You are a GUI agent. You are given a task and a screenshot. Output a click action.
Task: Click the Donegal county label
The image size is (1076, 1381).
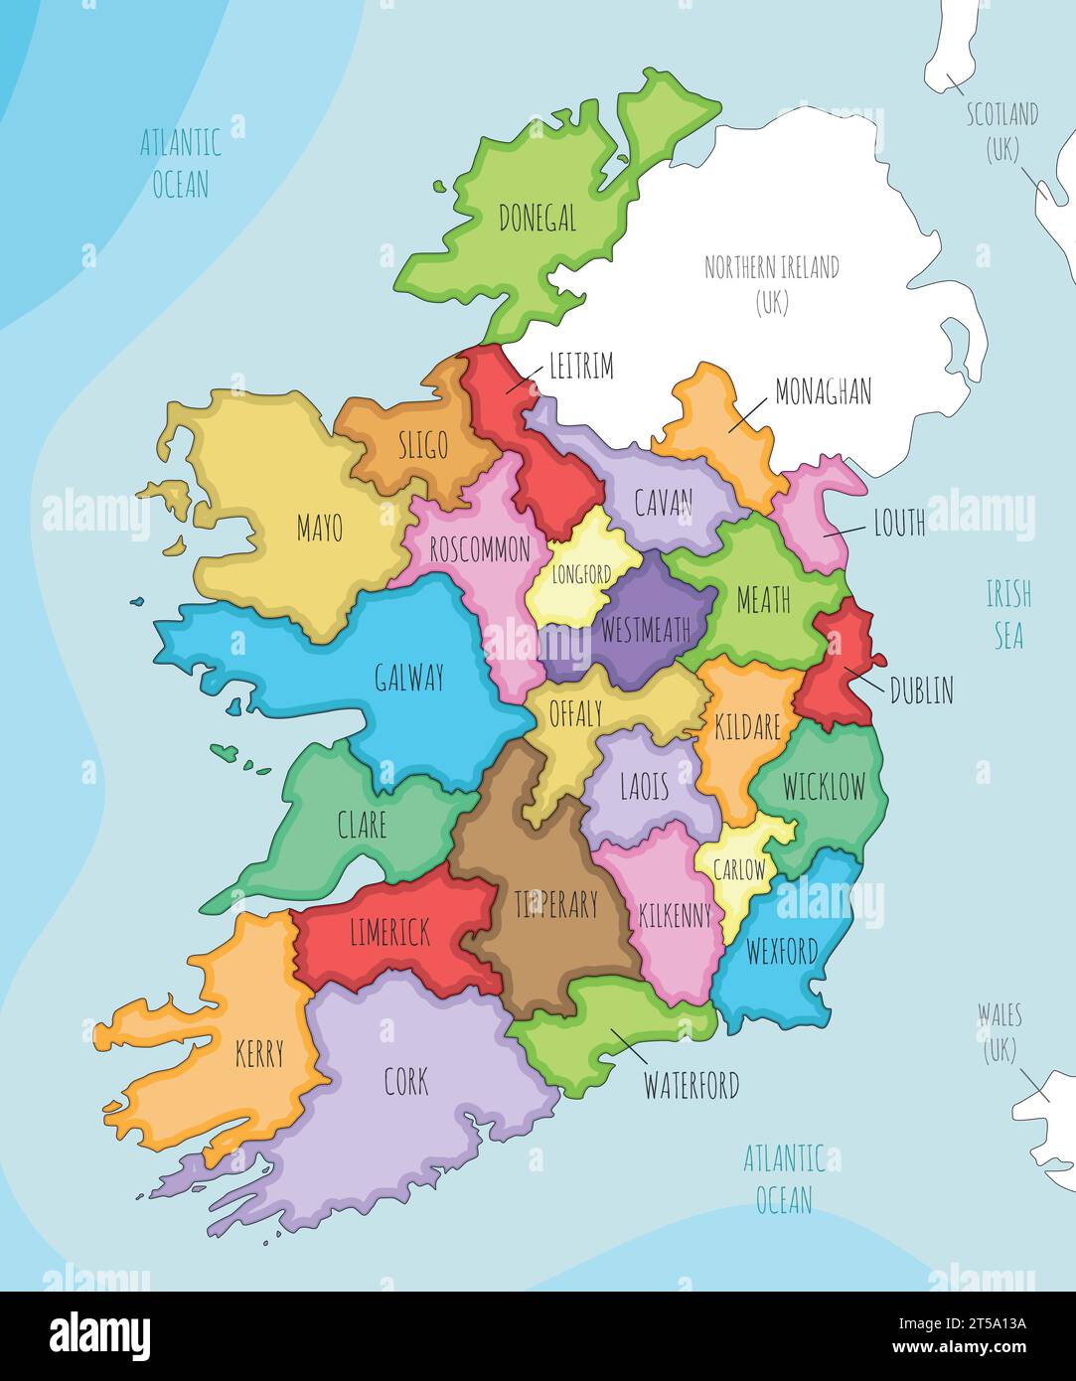[x=537, y=218]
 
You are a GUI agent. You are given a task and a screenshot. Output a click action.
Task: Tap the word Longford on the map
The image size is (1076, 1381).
[x=581, y=574]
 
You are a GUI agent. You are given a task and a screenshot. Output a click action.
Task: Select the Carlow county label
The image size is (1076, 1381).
[x=740, y=869]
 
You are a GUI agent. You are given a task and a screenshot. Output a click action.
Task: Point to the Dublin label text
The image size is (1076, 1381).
[x=921, y=690]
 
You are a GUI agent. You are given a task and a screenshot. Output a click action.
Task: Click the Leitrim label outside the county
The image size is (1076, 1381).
[x=581, y=367]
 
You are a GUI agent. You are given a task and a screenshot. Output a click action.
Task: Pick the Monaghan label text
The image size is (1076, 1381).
[x=823, y=391]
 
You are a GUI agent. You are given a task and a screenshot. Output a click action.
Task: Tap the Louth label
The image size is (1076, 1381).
[x=898, y=523]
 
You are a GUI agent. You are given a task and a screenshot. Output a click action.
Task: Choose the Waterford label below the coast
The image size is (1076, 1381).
[x=692, y=1085]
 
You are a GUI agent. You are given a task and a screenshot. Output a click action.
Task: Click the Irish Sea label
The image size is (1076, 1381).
[x=1008, y=615]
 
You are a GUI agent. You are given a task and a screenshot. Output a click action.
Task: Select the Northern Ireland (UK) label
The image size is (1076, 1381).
[x=771, y=284]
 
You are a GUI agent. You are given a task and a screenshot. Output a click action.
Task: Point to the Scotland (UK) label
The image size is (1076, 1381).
[x=1002, y=131]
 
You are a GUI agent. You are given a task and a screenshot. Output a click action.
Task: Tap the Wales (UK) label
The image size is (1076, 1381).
[x=999, y=1031]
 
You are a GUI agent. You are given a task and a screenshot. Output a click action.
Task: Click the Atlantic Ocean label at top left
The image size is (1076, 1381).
[x=180, y=163]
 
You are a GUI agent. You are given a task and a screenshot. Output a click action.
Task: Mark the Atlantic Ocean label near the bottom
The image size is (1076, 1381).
[x=784, y=1177]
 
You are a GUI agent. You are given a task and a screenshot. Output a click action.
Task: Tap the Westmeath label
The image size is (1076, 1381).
[x=646, y=630]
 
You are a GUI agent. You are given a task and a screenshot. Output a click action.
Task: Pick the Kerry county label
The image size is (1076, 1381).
[x=259, y=1053]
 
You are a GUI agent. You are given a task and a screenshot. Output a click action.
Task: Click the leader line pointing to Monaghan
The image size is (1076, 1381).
[x=748, y=415]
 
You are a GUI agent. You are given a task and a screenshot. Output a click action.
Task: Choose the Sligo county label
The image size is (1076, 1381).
[x=423, y=446]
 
